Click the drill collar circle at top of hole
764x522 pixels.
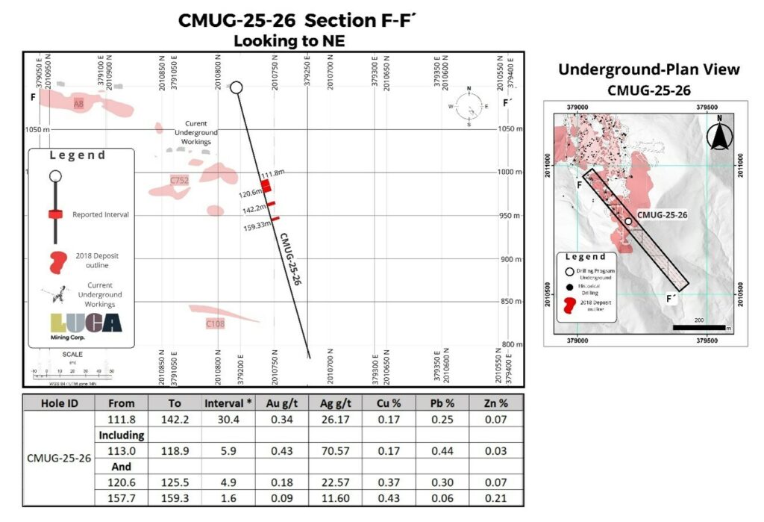click(x=237, y=88)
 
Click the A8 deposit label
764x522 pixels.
click(x=78, y=105)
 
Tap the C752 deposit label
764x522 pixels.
click(x=179, y=181)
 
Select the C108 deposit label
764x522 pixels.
click(x=215, y=324)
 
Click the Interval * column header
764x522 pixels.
click(x=228, y=403)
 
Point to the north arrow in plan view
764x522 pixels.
click(x=719, y=137)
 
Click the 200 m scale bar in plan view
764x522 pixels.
click(x=699, y=326)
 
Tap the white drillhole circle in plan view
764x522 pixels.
click(x=629, y=222)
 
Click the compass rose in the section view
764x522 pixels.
click(x=469, y=107)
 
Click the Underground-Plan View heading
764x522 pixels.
click(x=649, y=69)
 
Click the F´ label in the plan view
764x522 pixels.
click(x=671, y=299)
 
